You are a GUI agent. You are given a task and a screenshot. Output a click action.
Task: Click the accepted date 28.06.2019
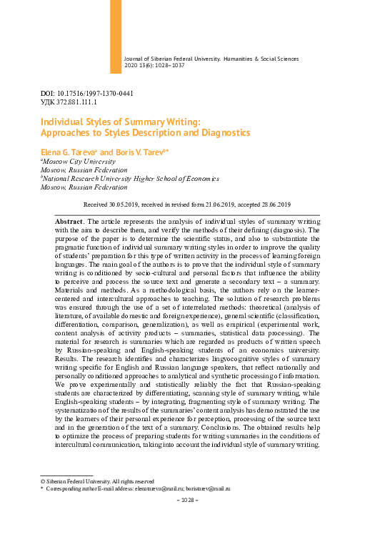pos(271,204)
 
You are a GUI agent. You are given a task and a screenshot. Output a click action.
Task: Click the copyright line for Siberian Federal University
pos(96,482)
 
